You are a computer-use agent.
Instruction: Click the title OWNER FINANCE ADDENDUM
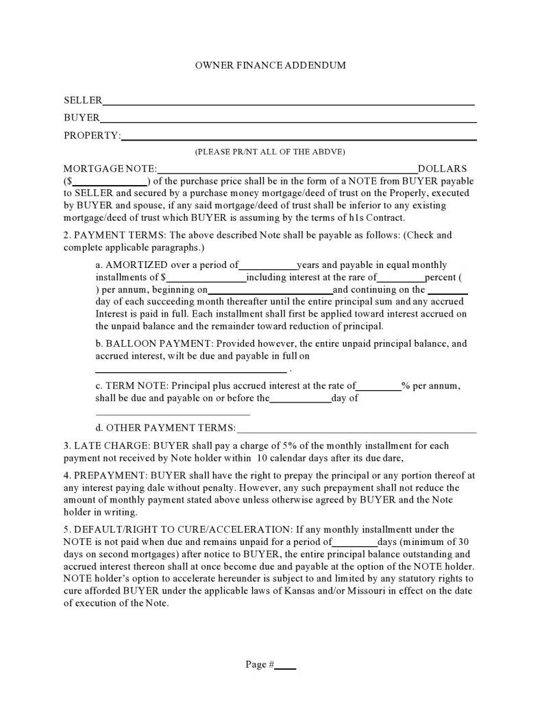pos(271,66)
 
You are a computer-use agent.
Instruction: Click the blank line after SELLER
pos(288,103)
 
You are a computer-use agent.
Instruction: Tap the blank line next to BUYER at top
pos(288,120)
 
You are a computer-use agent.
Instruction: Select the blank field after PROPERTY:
pos(298,138)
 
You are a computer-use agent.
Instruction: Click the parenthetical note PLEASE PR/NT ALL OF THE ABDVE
pos(270,152)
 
